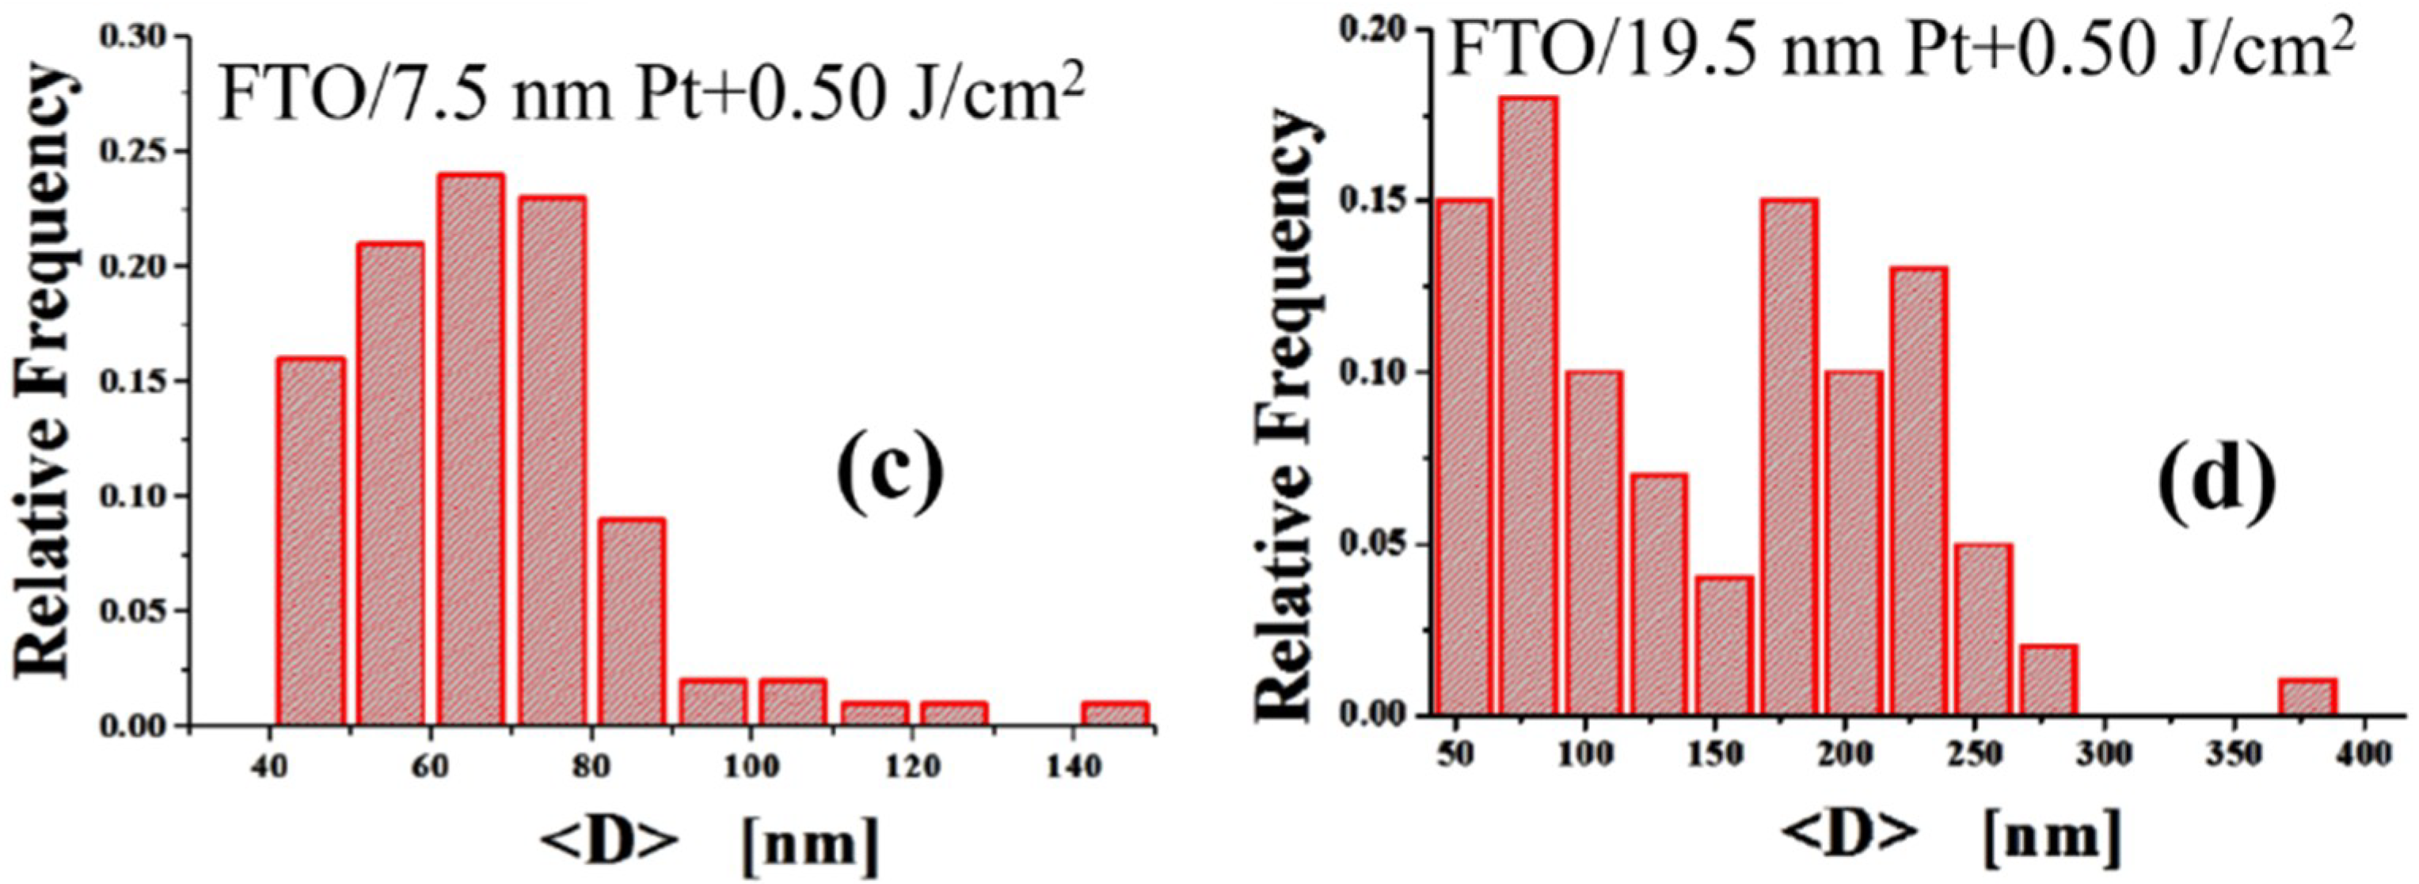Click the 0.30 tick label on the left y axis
[140, 36]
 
